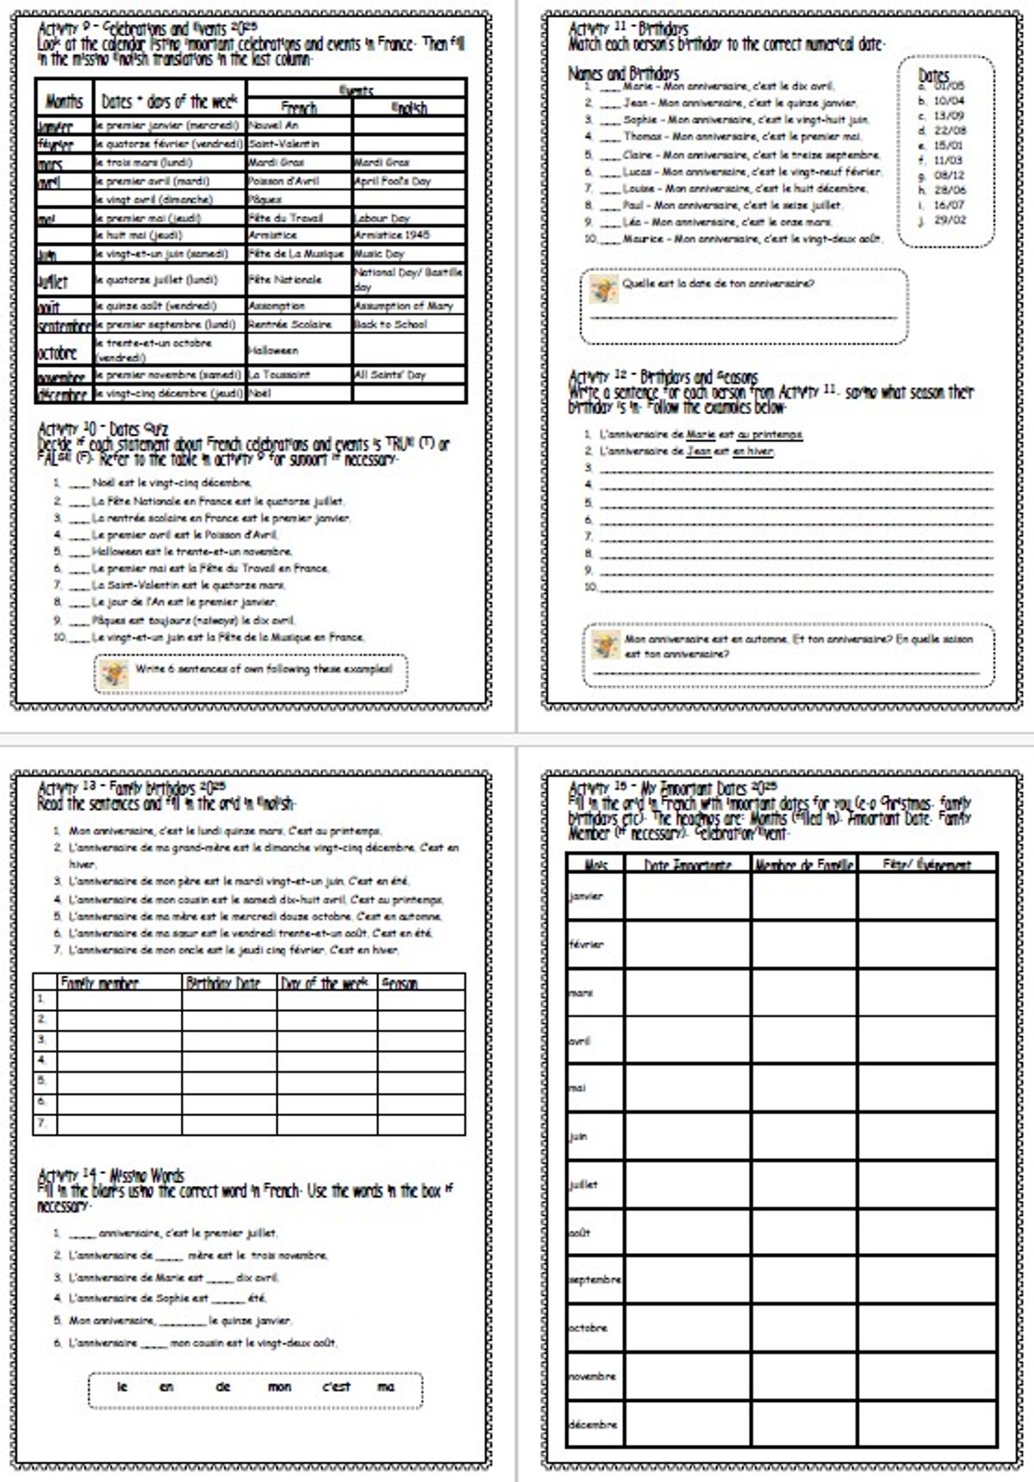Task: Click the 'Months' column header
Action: pos(65,102)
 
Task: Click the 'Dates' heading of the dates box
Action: pos(933,76)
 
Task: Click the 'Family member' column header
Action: pos(99,983)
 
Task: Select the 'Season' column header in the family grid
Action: pos(400,983)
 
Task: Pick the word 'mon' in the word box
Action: pos(279,1386)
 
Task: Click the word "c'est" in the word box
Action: pos(336,1386)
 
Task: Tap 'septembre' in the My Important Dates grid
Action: pos(595,1280)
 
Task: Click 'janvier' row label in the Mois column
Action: pos(586,896)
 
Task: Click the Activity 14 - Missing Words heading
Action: pos(111,1175)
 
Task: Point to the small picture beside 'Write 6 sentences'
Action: pos(113,673)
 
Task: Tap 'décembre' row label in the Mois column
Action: pos(593,1424)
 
